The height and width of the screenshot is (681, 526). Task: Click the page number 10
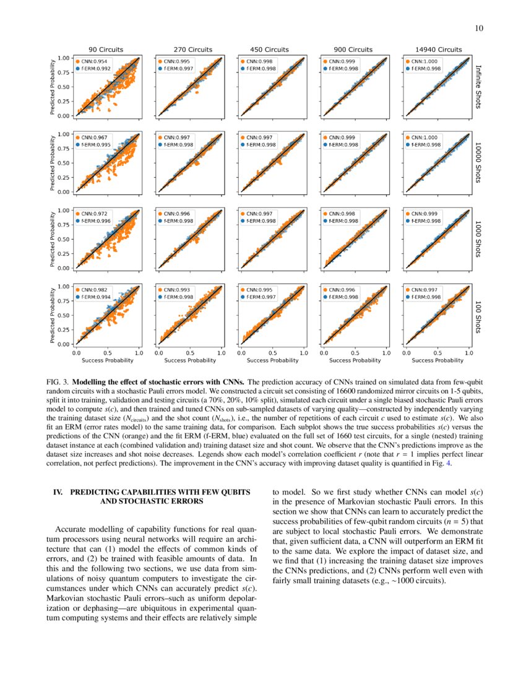(478, 28)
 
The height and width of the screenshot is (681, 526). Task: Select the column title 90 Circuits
(105, 50)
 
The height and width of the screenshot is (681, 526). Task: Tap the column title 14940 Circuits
(436, 50)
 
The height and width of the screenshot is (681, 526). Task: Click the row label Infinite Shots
(478, 87)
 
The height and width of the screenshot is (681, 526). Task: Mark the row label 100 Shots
(478, 316)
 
